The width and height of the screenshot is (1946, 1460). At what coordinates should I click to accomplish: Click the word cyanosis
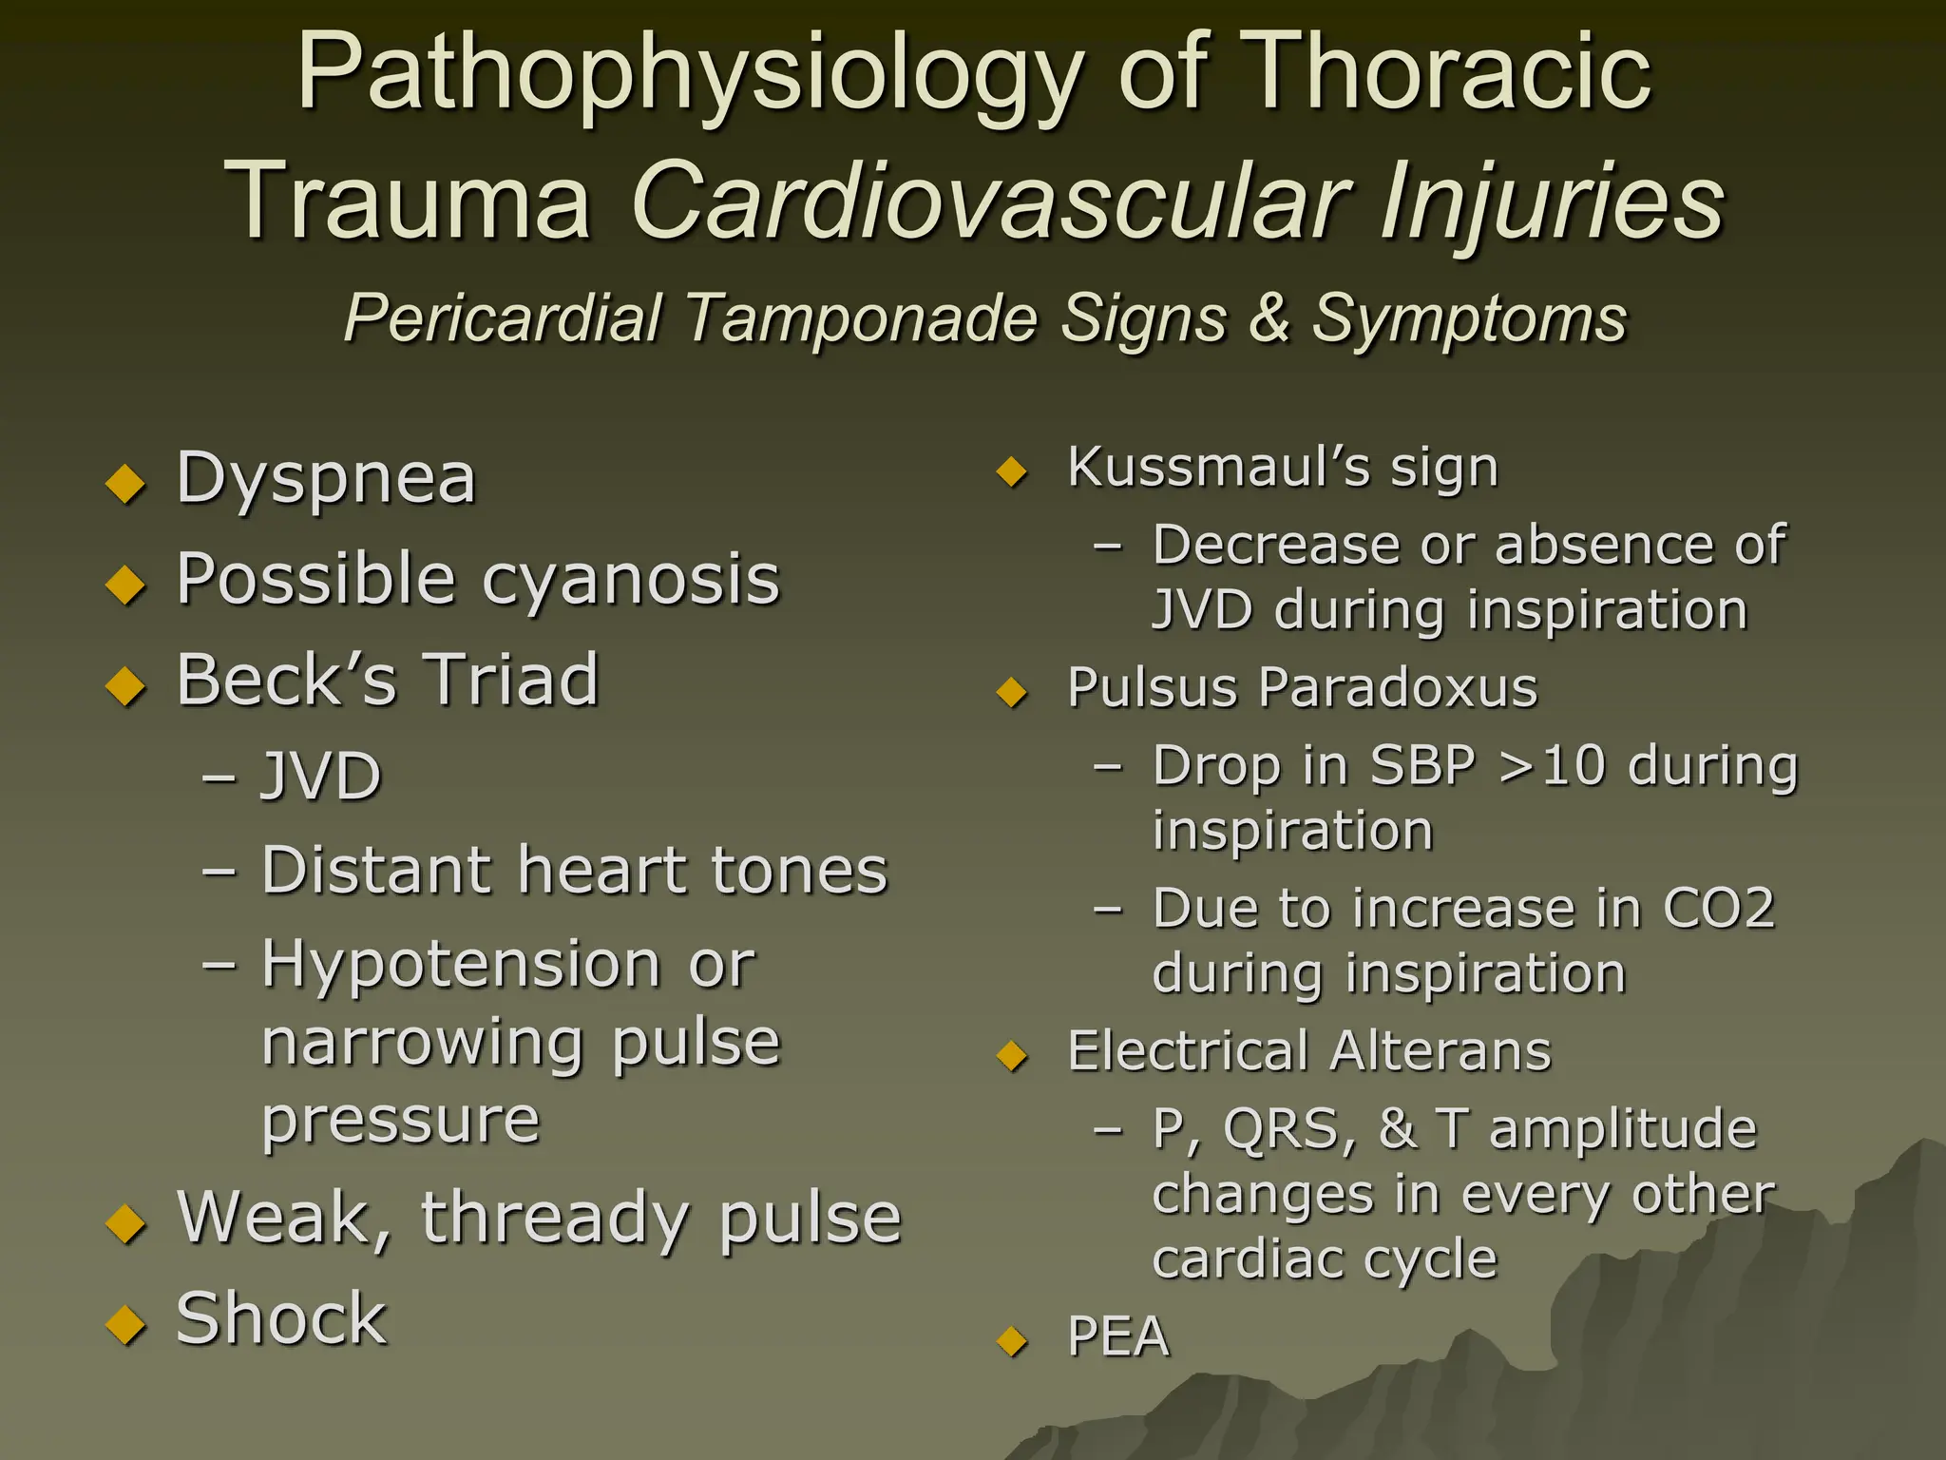pyautogui.click(x=631, y=580)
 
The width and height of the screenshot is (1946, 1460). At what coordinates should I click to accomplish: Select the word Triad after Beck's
pyautogui.click(x=511, y=680)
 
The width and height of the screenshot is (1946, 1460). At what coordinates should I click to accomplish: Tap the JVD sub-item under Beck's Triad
pyautogui.click(x=321, y=777)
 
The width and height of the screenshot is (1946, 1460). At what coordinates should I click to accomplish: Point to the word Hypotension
pyautogui.click(x=461, y=966)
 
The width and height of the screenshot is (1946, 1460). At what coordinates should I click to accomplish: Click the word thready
pyautogui.click(x=555, y=1219)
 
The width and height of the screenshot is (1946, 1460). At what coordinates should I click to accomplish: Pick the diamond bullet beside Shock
pyautogui.click(x=125, y=1324)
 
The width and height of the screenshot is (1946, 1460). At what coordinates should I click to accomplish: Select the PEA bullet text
pyautogui.click(x=1118, y=1336)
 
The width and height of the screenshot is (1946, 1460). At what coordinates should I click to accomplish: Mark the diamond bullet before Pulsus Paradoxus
pyautogui.click(x=1014, y=692)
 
